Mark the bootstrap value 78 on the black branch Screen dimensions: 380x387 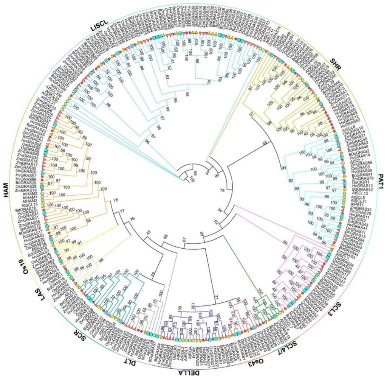tap(116, 200)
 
